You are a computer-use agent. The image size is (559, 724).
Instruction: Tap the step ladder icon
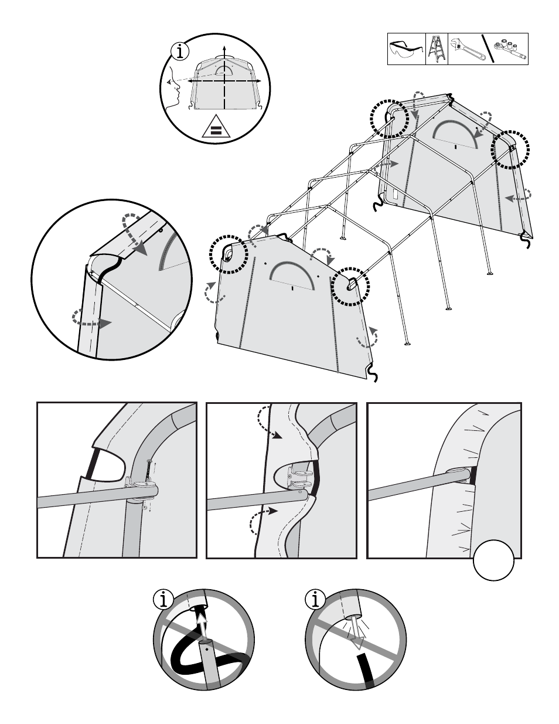(437, 49)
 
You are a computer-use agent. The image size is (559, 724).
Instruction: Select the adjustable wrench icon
(465, 49)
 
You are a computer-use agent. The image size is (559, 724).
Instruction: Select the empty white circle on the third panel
(494, 560)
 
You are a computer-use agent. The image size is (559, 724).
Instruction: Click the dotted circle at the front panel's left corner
(229, 254)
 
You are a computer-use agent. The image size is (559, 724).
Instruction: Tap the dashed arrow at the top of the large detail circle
(136, 234)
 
